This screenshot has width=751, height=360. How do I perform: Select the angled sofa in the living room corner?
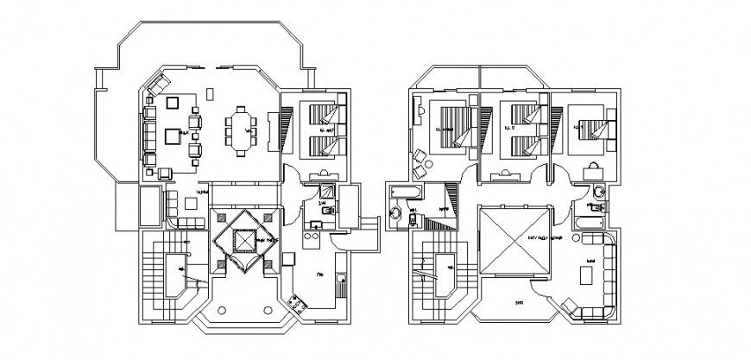[158, 85]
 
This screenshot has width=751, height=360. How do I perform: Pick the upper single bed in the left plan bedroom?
[322, 113]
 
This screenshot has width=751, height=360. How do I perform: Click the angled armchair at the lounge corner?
[571, 306]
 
